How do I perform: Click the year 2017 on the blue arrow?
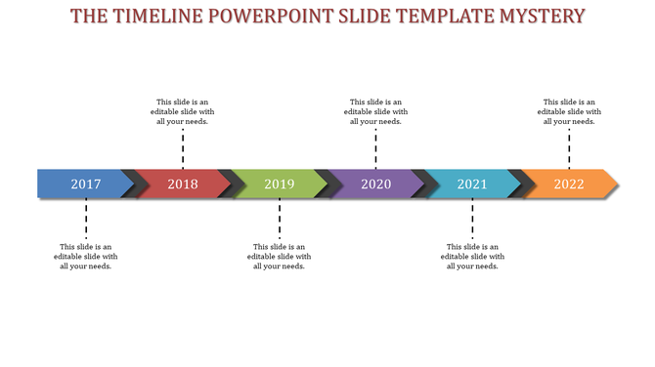point(86,183)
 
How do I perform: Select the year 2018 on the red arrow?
point(183,183)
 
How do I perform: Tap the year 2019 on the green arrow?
point(280,183)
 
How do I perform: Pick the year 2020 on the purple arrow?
point(376,183)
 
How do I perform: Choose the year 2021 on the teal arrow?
point(472,183)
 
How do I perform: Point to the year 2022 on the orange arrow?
point(569,183)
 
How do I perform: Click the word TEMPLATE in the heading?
point(427,17)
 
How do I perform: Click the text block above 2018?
point(183,111)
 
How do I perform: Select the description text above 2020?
point(376,111)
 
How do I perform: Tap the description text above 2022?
point(569,111)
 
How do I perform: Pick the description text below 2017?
point(86,256)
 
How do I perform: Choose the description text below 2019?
point(280,256)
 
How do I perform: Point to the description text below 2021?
point(472,256)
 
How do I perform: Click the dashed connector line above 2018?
point(183,148)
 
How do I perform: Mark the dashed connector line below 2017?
point(86,219)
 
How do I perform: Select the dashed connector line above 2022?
point(569,148)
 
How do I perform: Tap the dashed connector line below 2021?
point(472,219)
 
